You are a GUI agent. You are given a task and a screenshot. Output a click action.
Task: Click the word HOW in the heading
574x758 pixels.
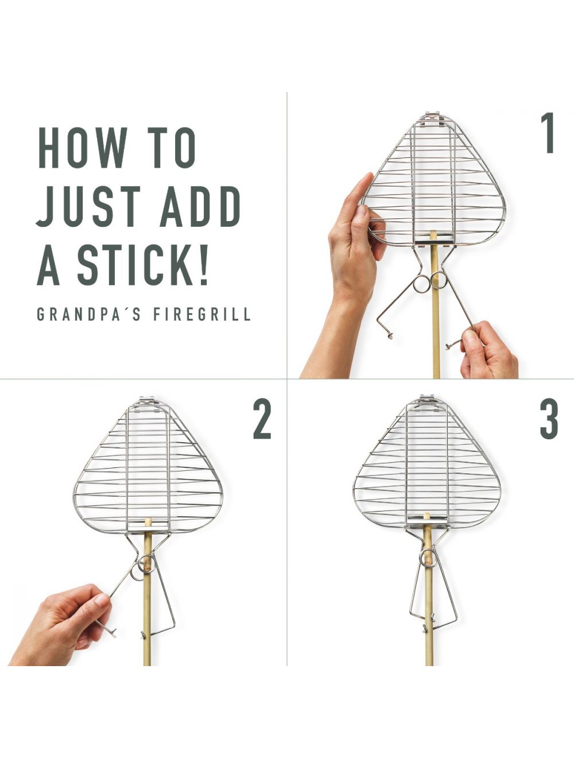point(82,148)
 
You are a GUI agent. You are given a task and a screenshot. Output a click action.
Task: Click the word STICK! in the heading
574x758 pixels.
point(143,265)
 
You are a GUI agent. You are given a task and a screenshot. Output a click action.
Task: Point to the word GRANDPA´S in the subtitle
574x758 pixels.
point(89,315)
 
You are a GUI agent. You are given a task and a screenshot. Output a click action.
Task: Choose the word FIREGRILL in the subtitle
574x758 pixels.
point(202,315)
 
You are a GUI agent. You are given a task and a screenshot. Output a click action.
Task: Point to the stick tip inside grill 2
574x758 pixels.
point(148,522)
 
